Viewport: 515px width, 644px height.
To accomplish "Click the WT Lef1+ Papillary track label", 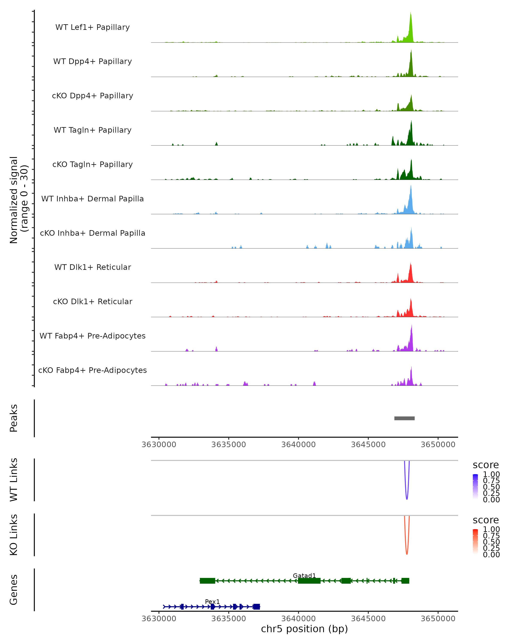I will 92,27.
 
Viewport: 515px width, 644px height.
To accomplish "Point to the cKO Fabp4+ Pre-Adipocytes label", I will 92,370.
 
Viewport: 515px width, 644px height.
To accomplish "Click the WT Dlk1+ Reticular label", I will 92,267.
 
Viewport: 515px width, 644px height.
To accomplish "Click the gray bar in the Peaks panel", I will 404,418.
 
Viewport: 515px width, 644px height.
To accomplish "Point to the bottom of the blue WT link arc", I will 407,499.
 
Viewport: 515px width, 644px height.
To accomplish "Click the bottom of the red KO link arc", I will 407,554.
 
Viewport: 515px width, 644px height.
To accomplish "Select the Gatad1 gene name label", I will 304,576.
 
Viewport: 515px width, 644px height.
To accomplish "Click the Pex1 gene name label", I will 212,601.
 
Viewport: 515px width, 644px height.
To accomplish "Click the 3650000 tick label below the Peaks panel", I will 438,445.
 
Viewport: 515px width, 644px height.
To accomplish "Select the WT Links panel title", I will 14,480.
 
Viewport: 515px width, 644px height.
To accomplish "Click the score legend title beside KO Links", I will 486,520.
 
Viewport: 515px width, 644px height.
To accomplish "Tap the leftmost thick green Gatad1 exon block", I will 207,581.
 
